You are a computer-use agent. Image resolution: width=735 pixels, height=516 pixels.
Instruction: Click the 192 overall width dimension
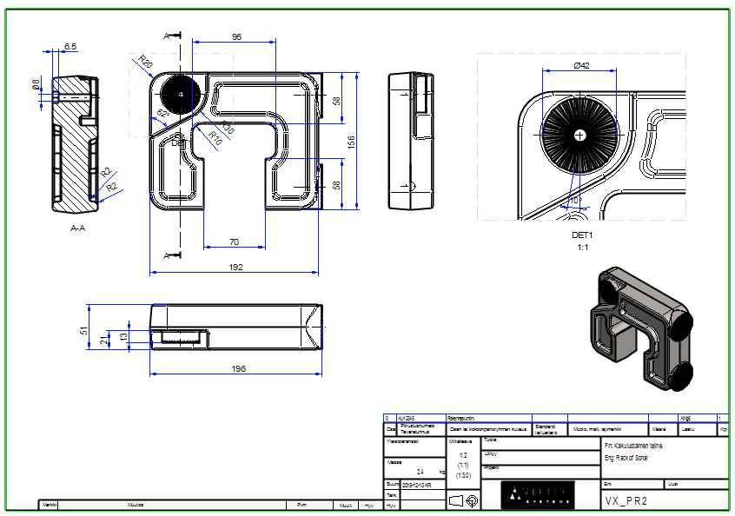pyautogui.click(x=235, y=268)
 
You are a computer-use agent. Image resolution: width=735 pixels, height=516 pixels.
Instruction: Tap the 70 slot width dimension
pyautogui.click(x=234, y=241)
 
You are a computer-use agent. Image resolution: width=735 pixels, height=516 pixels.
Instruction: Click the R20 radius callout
pyautogui.click(x=145, y=62)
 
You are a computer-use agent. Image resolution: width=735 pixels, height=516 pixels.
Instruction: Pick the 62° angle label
pyautogui.click(x=162, y=114)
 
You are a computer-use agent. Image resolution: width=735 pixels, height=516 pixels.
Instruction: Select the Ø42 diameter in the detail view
pyautogui.click(x=582, y=66)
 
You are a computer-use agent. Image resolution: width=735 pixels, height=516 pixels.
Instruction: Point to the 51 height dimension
pyautogui.click(x=84, y=330)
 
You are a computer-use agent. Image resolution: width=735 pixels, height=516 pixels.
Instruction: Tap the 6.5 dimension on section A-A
pyautogui.click(x=70, y=46)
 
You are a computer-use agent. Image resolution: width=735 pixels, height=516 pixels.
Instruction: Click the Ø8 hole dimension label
pyautogui.click(x=36, y=84)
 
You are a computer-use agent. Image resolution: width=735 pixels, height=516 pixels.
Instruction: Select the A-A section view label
pyautogui.click(x=78, y=228)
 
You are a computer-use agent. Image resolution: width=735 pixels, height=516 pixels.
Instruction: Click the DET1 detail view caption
pyautogui.click(x=582, y=235)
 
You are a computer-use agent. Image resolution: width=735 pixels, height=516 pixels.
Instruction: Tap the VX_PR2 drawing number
pyautogui.click(x=626, y=501)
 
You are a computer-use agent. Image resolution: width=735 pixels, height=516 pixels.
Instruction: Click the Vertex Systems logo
pyautogui.click(x=538, y=494)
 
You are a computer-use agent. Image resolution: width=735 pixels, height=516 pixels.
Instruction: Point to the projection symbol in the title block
pyautogui.click(x=464, y=500)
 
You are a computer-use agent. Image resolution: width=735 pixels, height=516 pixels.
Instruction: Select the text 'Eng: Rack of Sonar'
pyautogui.click(x=626, y=457)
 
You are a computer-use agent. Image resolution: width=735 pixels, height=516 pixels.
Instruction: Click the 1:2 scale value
pyautogui.click(x=463, y=454)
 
